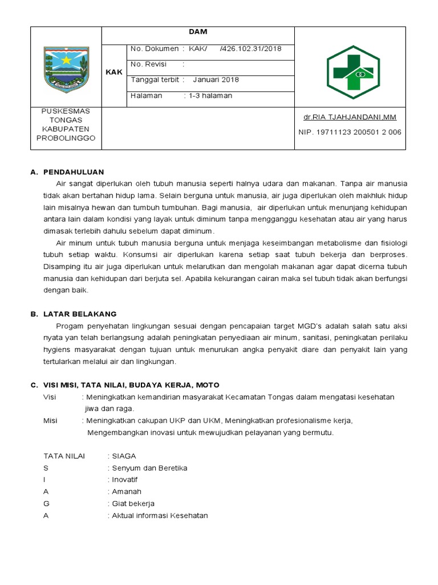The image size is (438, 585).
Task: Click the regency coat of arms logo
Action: pos(66,67)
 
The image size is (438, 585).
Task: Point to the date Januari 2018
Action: pos(216,80)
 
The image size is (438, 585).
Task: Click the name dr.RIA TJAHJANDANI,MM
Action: pos(350,118)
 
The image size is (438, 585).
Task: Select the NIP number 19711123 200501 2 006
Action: pos(350,132)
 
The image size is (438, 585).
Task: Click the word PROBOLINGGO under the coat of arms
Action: pos(66,138)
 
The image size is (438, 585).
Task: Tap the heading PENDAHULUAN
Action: pos(74,172)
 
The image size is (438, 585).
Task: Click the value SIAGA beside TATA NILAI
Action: pos(124,456)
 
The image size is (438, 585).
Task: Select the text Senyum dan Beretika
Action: pos(149,468)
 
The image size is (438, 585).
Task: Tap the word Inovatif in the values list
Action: pos(125,480)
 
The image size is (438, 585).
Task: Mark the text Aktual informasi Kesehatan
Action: pos(160,515)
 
